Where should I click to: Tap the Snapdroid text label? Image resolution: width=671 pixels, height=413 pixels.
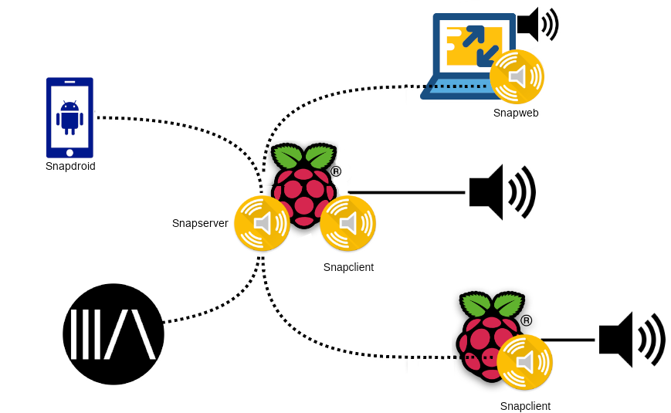point(70,166)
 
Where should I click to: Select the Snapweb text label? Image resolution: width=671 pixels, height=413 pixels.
point(516,113)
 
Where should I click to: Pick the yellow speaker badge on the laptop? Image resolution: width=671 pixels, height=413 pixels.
point(518,76)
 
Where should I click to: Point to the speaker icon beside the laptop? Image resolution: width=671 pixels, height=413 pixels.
point(539,24)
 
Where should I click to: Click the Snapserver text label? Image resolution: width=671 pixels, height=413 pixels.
point(200,223)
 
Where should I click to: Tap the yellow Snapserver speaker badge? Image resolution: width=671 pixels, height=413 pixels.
point(262,224)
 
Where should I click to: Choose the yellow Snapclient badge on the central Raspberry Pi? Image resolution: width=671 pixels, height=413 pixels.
point(348,224)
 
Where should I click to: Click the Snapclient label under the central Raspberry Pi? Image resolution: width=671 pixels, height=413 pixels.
point(349,267)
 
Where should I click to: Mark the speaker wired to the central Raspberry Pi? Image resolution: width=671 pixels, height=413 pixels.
point(503,192)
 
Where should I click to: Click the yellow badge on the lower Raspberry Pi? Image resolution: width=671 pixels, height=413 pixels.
point(526,363)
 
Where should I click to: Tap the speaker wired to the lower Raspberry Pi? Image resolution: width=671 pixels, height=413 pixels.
point(632,339)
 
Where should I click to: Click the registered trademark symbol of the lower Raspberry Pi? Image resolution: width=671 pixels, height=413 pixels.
point(525,320)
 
